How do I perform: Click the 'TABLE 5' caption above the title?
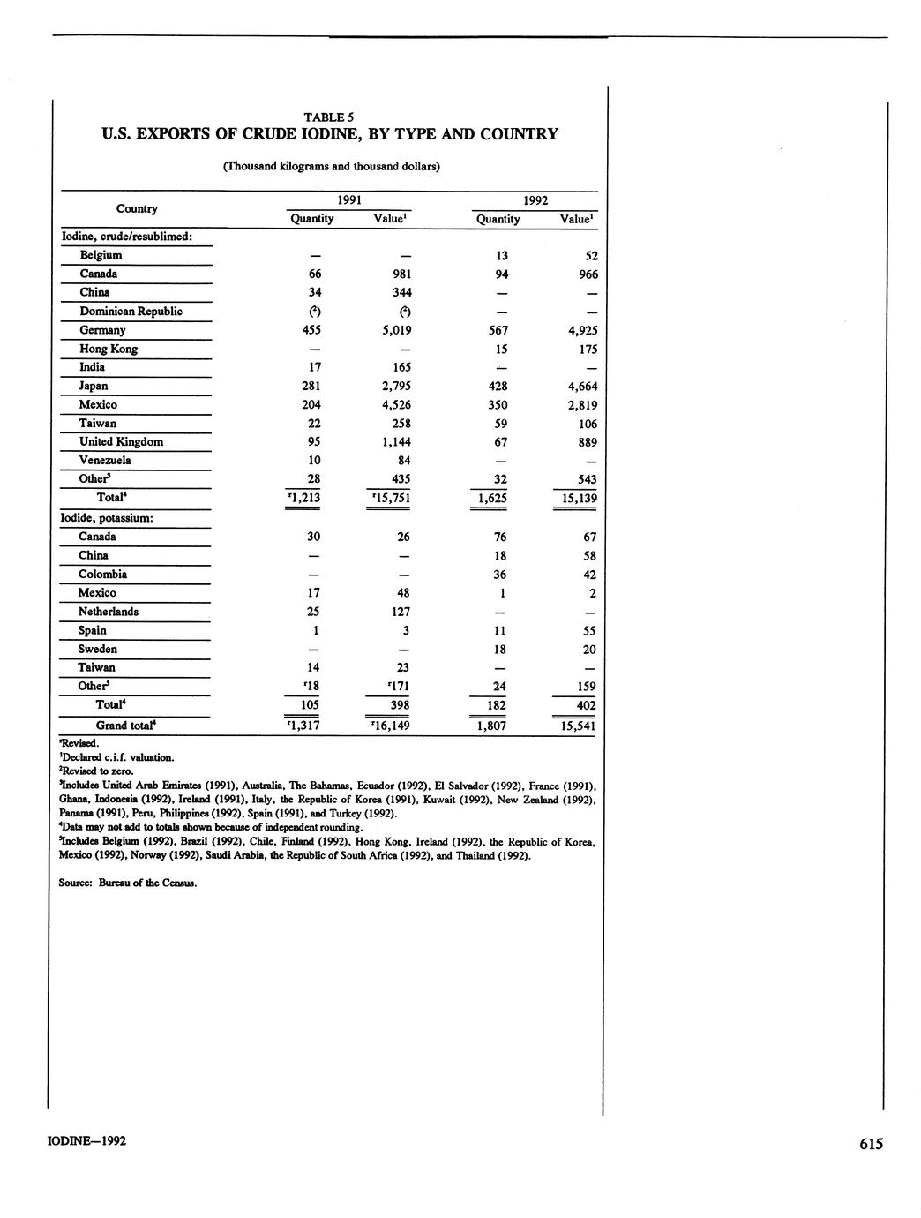[329, 117]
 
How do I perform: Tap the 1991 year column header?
[350, 200]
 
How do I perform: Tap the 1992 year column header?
[535, 200]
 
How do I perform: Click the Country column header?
[137, 209]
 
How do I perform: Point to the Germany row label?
[102, 330]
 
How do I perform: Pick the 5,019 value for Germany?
[393, 330]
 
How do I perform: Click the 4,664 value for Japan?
[579, 386]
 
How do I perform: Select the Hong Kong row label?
[109, 349]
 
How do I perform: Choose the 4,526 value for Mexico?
[393, 404]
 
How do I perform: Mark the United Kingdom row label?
[121, 441]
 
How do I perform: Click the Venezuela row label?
[105, 460]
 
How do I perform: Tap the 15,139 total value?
[575, 499]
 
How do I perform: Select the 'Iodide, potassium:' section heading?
[108, 517]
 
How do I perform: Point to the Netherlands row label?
[108, 612]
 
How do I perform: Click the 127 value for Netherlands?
[399, 612]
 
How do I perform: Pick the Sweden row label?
[97, 649]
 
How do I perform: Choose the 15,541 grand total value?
[575, 726]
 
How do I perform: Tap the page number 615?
[870, 1144]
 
